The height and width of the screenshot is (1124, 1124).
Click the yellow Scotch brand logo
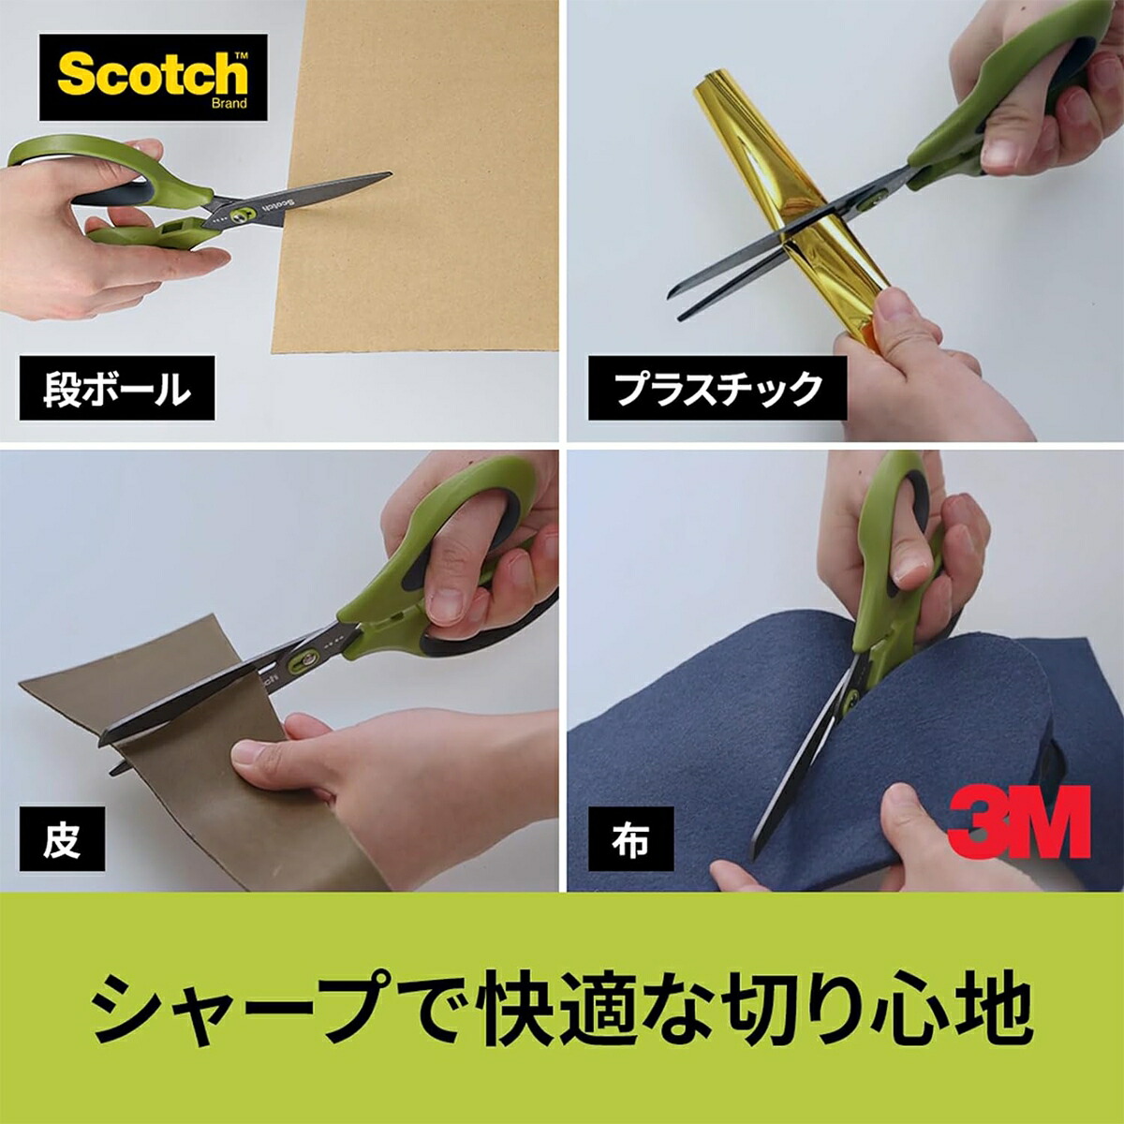(153, 75)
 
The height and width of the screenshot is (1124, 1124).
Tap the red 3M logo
(1018, 821)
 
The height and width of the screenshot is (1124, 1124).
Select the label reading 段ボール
(117, 388)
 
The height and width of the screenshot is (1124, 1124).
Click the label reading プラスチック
(717, 388)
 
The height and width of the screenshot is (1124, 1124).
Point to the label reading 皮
(62, 839)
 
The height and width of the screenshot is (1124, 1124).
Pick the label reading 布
(630, 839)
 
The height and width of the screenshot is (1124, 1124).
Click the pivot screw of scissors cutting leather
(304, 662)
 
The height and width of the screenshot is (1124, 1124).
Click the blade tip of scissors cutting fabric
(761, 836)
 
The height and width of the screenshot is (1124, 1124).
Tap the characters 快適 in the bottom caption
(553, 1010)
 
